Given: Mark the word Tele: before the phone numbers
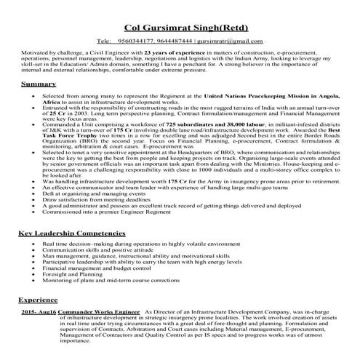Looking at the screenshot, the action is (104, 41).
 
